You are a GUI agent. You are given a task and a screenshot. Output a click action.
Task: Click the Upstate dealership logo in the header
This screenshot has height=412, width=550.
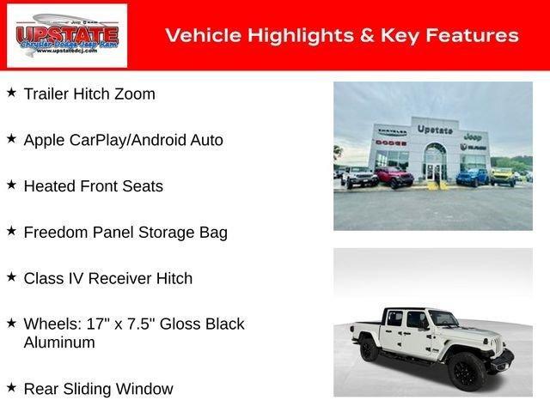point(66,35)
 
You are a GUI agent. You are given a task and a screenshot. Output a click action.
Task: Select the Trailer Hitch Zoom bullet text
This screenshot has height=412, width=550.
point(89,94)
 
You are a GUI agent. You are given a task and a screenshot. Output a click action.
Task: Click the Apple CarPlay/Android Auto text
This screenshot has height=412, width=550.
point(123,140)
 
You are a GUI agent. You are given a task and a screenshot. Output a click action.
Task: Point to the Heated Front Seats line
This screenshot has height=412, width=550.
point(93,186)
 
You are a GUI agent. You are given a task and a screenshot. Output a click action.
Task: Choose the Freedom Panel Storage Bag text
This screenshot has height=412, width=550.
point(125,233)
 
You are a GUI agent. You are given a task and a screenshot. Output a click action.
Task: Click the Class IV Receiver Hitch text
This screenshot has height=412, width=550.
point(107,279)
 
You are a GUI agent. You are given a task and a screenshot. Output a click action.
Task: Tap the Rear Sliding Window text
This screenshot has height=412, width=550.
point(98,389)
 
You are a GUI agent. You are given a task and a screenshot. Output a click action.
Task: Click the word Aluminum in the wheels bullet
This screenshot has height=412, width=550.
point(59,342)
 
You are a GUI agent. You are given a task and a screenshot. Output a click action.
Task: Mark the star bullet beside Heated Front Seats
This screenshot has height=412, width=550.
point(11,185)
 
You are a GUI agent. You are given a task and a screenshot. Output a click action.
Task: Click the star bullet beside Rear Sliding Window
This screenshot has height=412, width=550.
point(11,387)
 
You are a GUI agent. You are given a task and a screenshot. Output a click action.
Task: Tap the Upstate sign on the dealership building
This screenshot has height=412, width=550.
point(435,129)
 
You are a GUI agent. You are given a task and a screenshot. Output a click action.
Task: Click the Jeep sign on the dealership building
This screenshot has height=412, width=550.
point(472,136)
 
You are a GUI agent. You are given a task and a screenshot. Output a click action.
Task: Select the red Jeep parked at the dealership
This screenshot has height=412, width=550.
point(394,177)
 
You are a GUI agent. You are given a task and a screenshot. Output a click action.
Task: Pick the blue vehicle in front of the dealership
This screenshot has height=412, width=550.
point(471,177)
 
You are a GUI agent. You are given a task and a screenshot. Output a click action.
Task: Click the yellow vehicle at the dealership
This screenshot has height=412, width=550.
point(503,175)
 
